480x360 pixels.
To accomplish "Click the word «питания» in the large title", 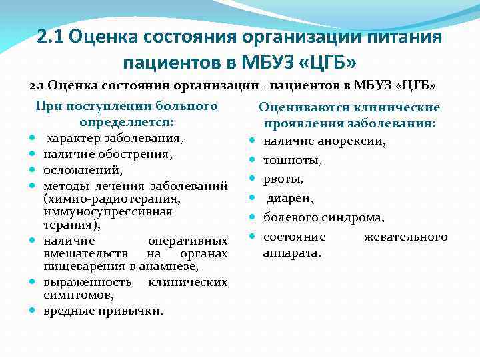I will pyautogui.click(x=404, y=36).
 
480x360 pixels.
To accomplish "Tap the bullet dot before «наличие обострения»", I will pyautogui.click(x=31, y=155).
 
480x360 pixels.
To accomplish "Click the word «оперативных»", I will pyautogui.click(x=186, y=241).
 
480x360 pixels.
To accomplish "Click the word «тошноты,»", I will pyautogui.click(x=293, y=160).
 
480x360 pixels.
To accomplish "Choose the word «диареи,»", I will pyautogui.click(x=290, y=198).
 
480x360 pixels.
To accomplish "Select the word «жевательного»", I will pyautogui.click(x=406, y=237).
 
